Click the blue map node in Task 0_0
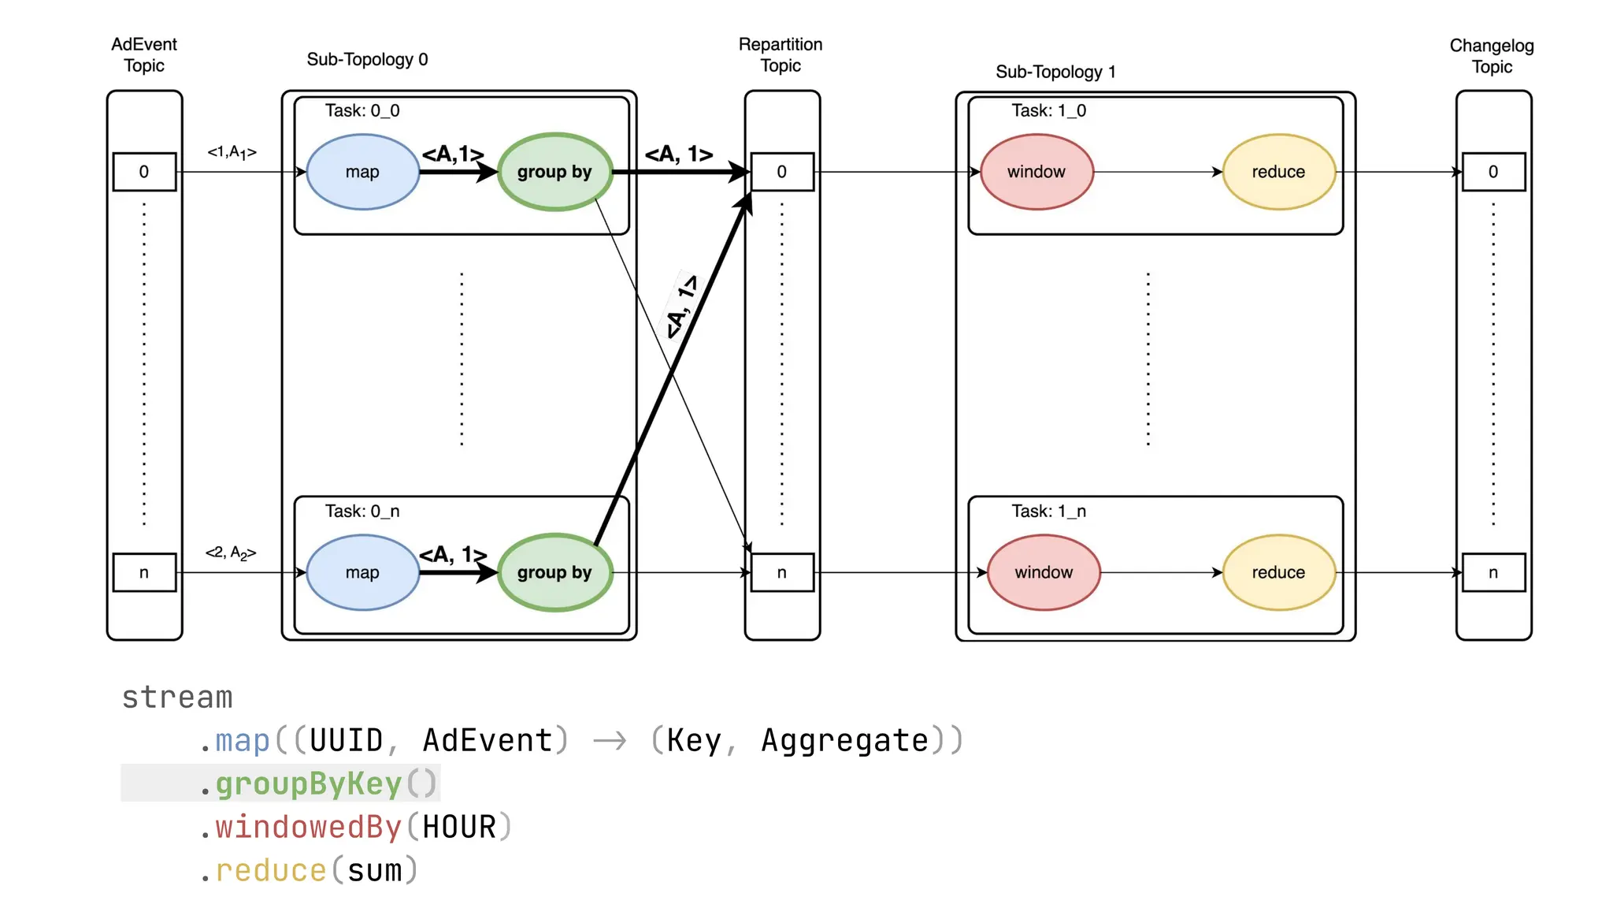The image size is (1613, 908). (362, 172)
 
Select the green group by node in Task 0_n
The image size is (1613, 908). (554, 572)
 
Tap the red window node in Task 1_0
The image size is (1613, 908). (1036, 172)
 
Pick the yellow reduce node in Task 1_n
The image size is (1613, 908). (1278, 572)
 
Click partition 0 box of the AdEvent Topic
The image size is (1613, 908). (144, 172)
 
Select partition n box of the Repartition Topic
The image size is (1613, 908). (781, 572)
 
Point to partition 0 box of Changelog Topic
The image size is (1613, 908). (1492, 172)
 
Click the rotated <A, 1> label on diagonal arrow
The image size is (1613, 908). (681, 307)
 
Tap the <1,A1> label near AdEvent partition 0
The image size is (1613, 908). (232, 152)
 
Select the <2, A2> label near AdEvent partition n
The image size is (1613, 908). (231, 553)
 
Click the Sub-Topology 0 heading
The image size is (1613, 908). (367, 59)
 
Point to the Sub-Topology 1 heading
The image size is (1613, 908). (1055, 72)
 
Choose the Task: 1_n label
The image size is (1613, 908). (1048, 511)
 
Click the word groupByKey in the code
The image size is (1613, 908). (309, 783)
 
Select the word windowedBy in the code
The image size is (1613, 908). (309, 827)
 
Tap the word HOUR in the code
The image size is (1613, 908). (459, 827)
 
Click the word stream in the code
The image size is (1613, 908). (177, 697)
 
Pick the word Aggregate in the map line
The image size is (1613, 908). (844, 740)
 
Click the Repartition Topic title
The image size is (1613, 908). (781, 54)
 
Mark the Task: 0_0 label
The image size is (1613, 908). (362, 110)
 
